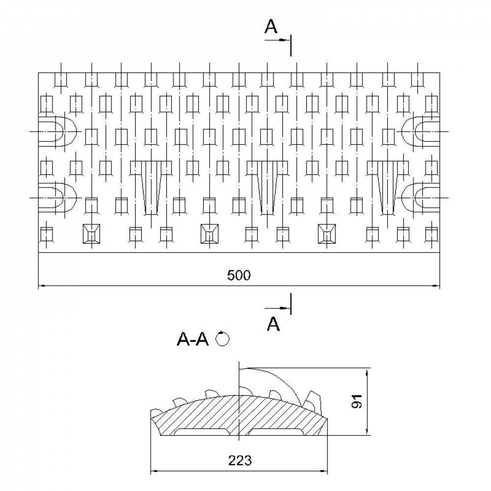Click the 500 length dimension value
(239, 276)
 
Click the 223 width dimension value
(240, 461)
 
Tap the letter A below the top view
(274, 324)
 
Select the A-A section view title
(192, 339)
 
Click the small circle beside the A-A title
(223, 339)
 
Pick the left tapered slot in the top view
(151, 187)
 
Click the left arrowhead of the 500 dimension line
(41, 285)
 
